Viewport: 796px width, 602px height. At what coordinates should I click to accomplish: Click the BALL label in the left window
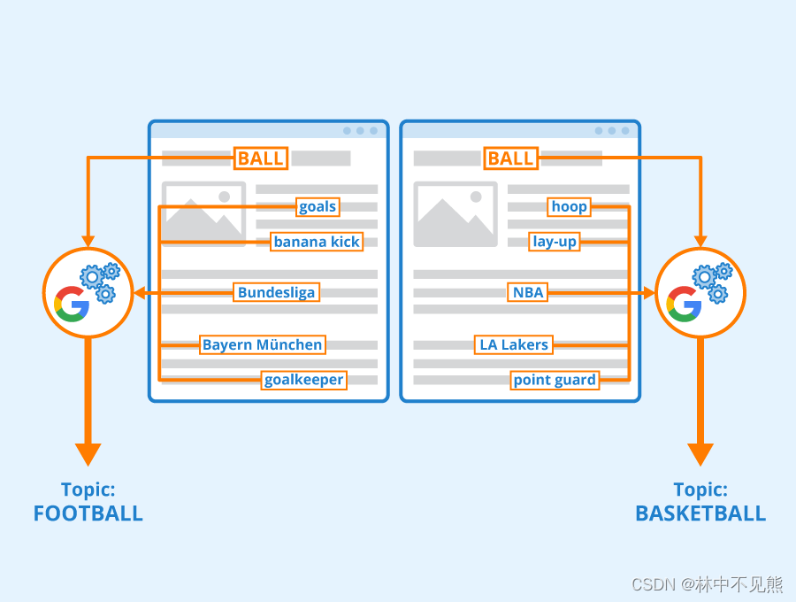pos(260,158)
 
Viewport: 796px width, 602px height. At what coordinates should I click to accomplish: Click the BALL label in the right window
pos(510,158)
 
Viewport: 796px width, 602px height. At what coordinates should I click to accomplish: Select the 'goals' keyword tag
pos(318,207)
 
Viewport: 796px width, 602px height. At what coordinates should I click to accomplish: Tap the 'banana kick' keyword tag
pos(317,242)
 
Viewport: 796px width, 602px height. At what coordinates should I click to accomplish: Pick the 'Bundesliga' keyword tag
pos(276,292)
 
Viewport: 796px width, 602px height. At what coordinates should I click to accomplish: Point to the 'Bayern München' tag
pos(263,344)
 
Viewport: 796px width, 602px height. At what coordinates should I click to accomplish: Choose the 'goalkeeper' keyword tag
pos(304,380)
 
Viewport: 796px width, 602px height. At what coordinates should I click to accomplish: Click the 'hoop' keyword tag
pos(569,207)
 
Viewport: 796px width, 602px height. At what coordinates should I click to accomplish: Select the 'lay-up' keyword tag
pos(555,242)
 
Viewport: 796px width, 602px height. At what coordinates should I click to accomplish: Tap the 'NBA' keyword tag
pos(528,292)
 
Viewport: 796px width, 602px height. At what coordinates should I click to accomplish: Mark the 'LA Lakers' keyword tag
pos(514,344)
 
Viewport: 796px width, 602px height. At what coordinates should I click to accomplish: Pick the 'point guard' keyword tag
pos(555,380)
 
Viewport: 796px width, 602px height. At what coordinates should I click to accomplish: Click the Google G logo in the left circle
pos(71,304)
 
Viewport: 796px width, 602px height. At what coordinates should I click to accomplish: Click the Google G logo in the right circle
pos(684,304)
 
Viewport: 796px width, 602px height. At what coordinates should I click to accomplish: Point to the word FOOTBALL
pos(88,513)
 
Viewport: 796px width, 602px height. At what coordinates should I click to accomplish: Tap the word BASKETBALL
pos(700,513)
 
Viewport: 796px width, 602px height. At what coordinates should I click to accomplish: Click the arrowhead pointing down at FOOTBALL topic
pos(88,453)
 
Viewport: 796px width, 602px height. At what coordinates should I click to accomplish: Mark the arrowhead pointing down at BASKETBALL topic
pos(700,453)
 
